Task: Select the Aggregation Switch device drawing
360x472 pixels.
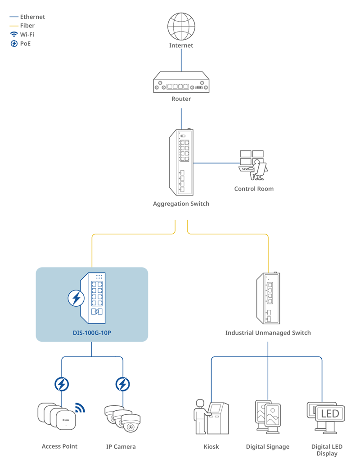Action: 181,161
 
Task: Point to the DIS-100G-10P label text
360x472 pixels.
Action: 92,333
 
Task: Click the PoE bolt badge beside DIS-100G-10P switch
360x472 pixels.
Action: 76,298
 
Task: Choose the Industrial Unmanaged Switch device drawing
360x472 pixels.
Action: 268,298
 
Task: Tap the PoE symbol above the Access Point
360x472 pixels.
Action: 62,384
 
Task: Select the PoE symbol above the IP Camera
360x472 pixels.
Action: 122,384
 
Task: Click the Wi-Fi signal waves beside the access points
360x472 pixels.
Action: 80,408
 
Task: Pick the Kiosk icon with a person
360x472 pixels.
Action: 211,417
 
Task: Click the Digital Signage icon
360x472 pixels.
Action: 268,417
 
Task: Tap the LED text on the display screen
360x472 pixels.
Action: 330,413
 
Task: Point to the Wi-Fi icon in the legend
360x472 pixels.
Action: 14,35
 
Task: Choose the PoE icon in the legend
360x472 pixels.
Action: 14,44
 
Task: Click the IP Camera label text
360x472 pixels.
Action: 121,447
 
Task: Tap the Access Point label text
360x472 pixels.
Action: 59,446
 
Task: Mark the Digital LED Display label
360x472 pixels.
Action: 327,450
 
